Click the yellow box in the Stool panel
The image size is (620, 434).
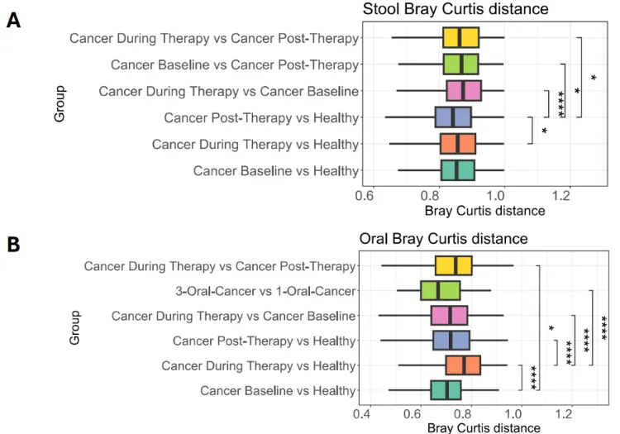pyautogui.click(x=460, y=37)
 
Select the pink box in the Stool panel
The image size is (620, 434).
pyautogui.click(x=464, y=90)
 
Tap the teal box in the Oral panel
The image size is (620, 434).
pyautogui.click(x=446, y=390)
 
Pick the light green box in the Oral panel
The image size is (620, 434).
pyautogui.click(x=440, y=291)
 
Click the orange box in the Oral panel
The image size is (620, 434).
pyautogui.click(x=463, y=365)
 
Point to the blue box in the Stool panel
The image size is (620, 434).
pyautogui.click(x=453, y=117)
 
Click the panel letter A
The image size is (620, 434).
pyautogui.click(x=13, y=20)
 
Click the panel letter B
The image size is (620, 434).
pyautogui.click(x=13, y=244)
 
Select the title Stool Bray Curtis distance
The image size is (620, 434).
pyautogui.click(x=455, y=9)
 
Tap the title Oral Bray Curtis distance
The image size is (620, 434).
pyautogui.click(x=443, y=239)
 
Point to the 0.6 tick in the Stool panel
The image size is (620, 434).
pyautogui.click(x=365, y=195)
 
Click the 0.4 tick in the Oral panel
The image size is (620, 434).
pyautogui.click(x=362, y=414)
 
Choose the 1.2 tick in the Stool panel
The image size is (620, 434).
pyautogui.click(x=561, y=195)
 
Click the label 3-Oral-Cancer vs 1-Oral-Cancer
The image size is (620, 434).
pyautogui.click(x=265, y=291)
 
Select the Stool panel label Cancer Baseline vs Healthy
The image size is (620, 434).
pyautogui.click(x=276, y=171)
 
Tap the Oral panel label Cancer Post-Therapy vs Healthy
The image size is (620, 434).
pyautogui.click(x=265, y=341)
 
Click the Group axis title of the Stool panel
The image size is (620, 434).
pyautogui.click(x=60, y=104)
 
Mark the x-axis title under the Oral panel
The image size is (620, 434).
pyautogui.click(x=484, y=427)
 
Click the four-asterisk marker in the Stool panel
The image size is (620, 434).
pyautogui.click(x=560, y=103)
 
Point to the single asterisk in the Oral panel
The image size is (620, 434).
pyautogui.click(x=551, y=328)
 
